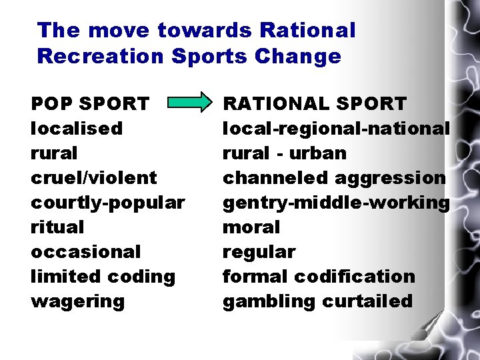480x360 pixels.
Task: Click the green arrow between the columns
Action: pos(187,103)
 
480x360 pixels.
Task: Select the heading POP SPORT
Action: pos(90,104)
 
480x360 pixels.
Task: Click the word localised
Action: pos(77,128)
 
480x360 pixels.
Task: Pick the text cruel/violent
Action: pos(94,178)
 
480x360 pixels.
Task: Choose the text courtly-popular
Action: pos(108,203)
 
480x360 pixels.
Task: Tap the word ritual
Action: pos(57,227)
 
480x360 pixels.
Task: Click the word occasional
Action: pos(86,252)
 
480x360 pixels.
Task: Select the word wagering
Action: pos(77,301)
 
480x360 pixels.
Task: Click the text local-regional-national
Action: pos(336,128)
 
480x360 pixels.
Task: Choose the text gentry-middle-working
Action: pos(336,203)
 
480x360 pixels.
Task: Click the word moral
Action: pos(251,227)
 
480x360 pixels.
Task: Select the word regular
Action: pos(259,252)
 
